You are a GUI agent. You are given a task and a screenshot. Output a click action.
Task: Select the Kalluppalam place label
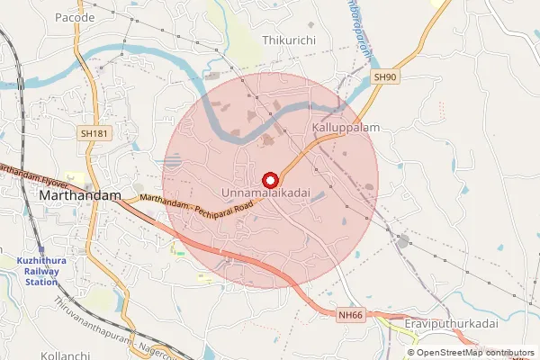click(x=346, y=129)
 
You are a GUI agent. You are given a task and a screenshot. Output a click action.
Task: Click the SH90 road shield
click(x=384, y=77)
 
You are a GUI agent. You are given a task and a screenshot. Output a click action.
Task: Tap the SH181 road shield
click(x=94, y=133)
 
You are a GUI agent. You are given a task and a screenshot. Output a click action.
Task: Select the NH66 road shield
click(x=351, y=315)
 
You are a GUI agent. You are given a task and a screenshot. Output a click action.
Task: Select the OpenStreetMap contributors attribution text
click(x=476, y=353)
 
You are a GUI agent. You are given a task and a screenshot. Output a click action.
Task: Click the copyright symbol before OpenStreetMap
click(x=411, y=353)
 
